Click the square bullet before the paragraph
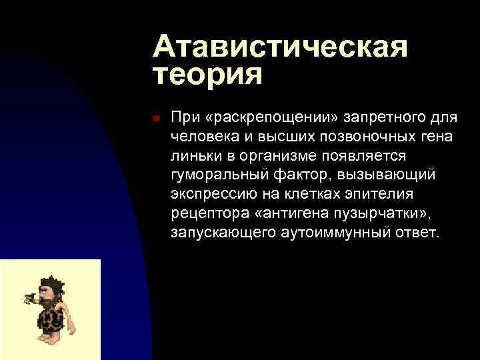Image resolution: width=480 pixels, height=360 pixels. coord(154,118)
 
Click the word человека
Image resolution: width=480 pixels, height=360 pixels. coord(200,136)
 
